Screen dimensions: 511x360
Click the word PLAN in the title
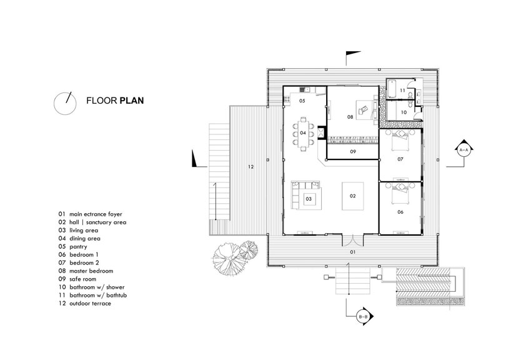132,101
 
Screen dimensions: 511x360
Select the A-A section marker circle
464,150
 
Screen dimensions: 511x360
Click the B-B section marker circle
363,317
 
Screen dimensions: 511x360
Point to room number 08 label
350,117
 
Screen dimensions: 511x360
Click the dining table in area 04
303,133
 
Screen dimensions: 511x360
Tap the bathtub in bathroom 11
392,89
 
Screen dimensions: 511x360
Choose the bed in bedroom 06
400,192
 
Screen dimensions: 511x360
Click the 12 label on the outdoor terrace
251,167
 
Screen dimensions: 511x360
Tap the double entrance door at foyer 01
352,241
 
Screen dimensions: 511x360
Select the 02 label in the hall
352,196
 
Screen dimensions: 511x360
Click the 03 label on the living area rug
309,199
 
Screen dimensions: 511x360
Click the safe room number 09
353,152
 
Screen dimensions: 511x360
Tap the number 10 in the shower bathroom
404,112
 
